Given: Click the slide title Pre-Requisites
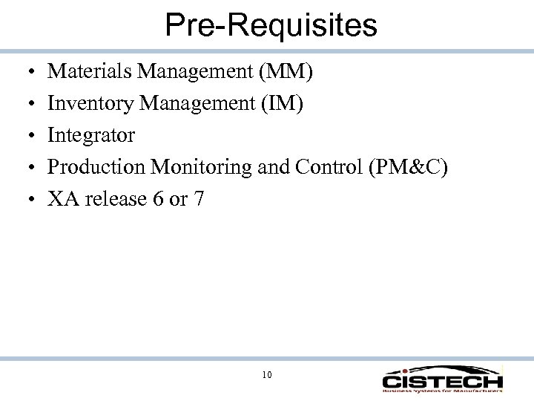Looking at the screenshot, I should [271, 25].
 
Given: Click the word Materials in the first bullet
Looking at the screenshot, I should [79, 72].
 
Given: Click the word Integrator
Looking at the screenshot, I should [91, 135].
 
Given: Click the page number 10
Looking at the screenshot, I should [266, 375].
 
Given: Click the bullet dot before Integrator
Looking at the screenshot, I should [25, 136].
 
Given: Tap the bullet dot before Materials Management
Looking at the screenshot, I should [25, 73].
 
